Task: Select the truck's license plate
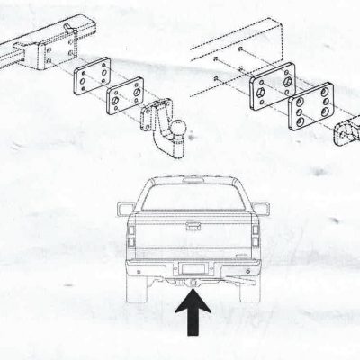tap(193, 268)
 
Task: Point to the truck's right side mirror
tap(260, 209)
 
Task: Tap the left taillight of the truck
tap(131, 238)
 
